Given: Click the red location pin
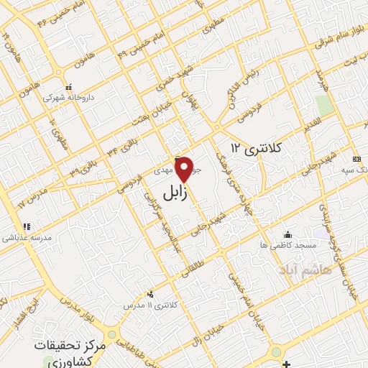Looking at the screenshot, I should pyautogui.click(x=184, y=170).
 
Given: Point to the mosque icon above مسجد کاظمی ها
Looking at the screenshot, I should pyautogui.click(x=288, y=234).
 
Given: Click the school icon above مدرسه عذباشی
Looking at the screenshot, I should pyautogui.click(x=27, y=227).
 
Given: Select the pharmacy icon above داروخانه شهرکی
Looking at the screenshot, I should pyautogui.click(x=68, y=86).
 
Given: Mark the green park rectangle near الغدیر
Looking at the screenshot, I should pyautogui.click(x=325, y=105).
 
